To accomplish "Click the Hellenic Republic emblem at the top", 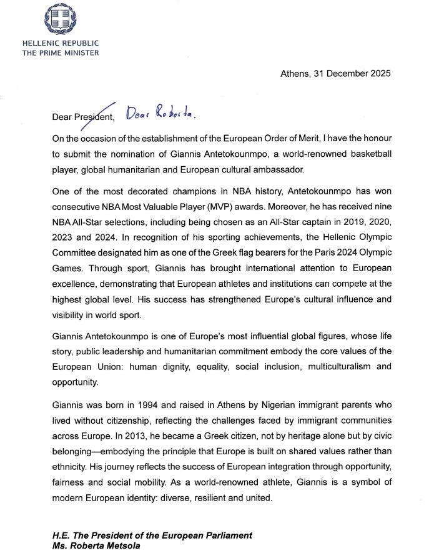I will click(60, 19).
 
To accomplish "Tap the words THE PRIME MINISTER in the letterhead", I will click(60, 53).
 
